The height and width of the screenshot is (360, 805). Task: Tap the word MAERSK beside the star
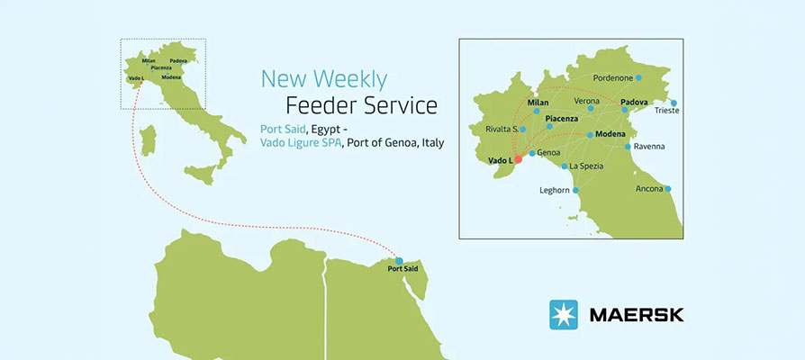coord(636,315)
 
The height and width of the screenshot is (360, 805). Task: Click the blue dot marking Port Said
coord(399,260)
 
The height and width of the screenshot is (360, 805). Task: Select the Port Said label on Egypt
coord(402,269)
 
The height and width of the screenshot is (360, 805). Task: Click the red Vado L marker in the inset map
coord(518,159)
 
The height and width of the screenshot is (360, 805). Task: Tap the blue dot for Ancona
coord(667,189)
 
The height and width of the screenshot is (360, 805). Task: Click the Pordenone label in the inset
coord(612,78)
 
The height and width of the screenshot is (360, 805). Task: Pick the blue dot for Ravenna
coord(628,146)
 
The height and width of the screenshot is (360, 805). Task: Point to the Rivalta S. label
coord(501,129)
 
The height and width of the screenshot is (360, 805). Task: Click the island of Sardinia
coord(149,140)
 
